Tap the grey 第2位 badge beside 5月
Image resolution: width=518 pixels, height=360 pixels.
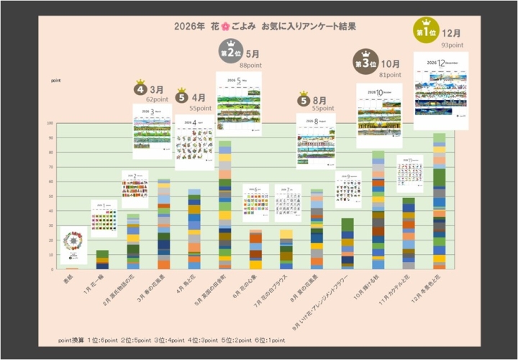tap(231, 53)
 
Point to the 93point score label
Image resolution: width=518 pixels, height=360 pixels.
tap(452, 45)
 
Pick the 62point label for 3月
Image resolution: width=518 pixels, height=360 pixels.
tap(157, 99)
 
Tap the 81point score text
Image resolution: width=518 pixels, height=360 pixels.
tap(390, 75)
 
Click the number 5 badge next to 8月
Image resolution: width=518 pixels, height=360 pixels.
tap(304, 100)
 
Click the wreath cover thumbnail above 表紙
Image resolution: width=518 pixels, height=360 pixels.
tap(73, 245)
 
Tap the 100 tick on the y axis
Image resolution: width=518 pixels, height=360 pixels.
tap(50, 123)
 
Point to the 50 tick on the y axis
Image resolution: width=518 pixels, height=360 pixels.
tap(50, 197)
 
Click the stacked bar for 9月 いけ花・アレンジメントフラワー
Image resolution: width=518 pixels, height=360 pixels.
tap(347, 244)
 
